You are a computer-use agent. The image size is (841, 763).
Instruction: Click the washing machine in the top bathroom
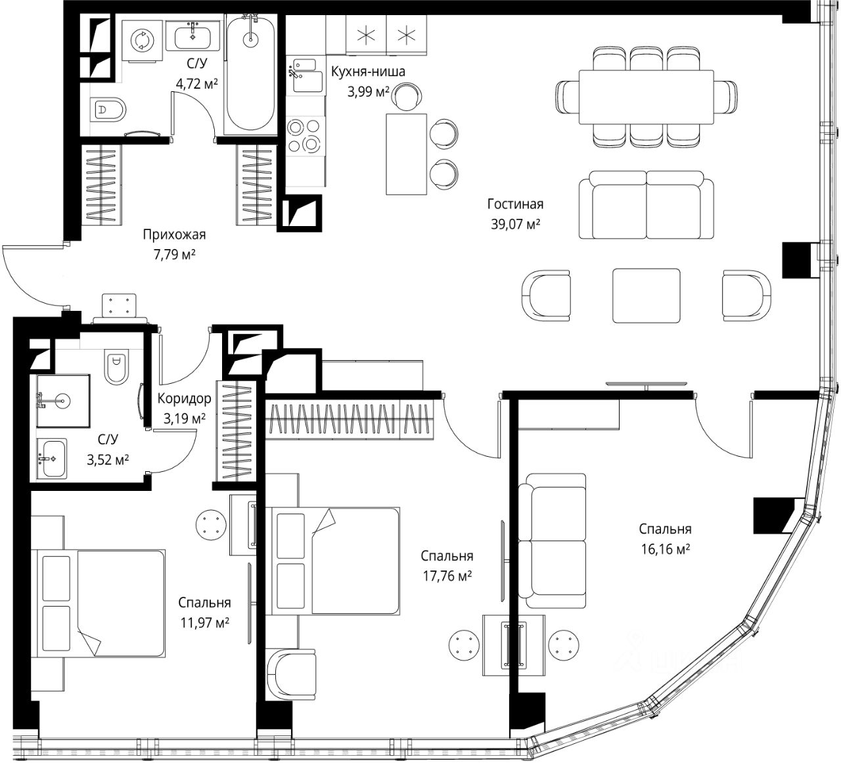click(x=142, y=41)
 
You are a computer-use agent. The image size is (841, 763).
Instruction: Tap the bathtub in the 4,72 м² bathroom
click(x=251, y=74)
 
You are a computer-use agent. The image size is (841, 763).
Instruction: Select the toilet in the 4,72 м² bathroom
click(x=108, y=110)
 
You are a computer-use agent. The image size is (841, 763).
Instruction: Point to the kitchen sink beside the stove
click(x=306, y=75)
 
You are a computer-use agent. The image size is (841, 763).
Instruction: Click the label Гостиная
click(x=515, y=204)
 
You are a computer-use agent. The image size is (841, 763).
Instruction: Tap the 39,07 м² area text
click(x=515, y=224)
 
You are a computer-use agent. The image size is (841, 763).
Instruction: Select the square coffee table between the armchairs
click(x=646, y=296)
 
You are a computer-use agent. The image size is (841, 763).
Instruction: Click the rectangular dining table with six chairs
click(x=646, y=97)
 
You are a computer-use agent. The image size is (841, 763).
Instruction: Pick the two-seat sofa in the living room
click(x=646, y=204)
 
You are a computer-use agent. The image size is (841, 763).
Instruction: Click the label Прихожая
click(x=174, y=234)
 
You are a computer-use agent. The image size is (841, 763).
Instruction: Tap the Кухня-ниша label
click(x=368, y=72)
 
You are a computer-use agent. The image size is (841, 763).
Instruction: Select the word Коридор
click(x=184, y=398)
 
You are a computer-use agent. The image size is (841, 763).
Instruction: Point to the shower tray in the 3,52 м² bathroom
click(x=63, y=401)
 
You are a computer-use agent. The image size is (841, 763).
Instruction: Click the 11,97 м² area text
click(x=204, y=622)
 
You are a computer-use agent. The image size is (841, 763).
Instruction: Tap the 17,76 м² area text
click(x=447, y=576)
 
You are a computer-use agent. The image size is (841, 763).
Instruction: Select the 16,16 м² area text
click(x=666, y=549)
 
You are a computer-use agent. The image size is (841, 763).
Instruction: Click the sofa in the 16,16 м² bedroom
click(x=552, y=541)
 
